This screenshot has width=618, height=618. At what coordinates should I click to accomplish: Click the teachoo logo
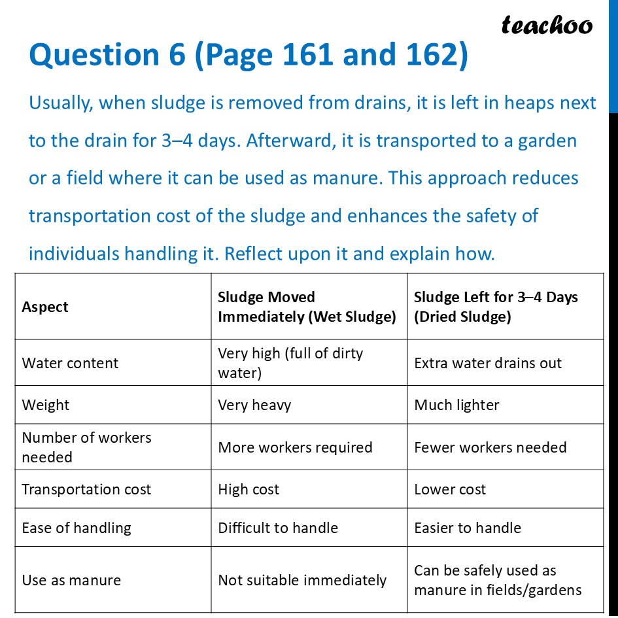tap(547, 26)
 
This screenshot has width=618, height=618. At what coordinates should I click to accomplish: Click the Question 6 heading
tap(249, 56)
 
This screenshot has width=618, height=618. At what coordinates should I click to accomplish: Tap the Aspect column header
tap(45, 307)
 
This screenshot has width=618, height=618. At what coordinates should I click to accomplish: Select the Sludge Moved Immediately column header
tap(307, 307)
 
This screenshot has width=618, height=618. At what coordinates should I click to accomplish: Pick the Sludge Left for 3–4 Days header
tap(496, 307)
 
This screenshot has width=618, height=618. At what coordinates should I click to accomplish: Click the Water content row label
tap(70, 363)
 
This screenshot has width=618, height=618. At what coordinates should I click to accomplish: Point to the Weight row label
tap(46, 405)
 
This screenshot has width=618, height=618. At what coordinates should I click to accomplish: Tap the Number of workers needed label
tap(86, 447)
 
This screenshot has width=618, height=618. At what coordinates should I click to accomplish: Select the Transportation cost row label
tap(86, 489)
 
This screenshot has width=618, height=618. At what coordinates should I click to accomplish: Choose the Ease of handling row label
tap(77, 528)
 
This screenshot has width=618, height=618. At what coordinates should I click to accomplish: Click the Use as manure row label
tap(71, 580)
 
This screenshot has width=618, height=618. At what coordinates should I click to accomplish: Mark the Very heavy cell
tap(254, 405)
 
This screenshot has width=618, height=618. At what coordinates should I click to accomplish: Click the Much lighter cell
tap(456, 405)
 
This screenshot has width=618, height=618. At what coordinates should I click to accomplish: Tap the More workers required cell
tap(295, 447)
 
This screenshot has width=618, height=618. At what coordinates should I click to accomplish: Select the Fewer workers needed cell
tap(490, 447)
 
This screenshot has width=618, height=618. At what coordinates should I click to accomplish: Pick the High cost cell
tap(249, 489)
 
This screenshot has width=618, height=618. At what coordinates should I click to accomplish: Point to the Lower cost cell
tap(450, 489)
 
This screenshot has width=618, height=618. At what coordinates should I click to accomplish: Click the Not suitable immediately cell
tap(302, 580)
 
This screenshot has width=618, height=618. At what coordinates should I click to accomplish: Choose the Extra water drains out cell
tap(488, 363)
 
